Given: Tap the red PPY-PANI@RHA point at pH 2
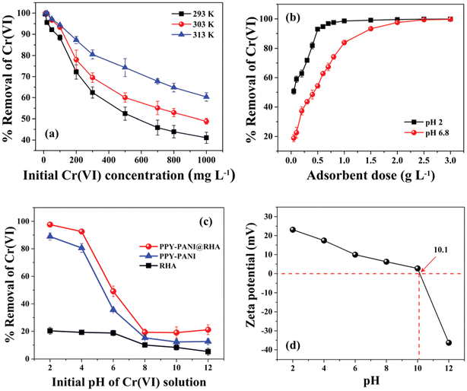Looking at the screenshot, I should click(50, 224).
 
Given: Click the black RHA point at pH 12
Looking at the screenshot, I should click(206, 351).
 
